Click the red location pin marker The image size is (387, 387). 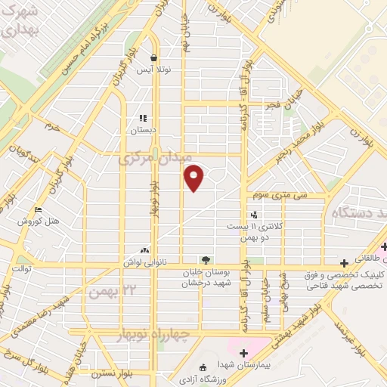[x=194, y=177]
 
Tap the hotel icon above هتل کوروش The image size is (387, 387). [x=39, y=210]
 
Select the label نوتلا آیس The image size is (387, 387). [x=154, y=70]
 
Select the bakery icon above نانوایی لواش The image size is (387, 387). [x=144, y=250]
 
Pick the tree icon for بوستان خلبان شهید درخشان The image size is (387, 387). [x=206, y=259]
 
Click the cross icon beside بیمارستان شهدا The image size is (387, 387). [x=243, y=351]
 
